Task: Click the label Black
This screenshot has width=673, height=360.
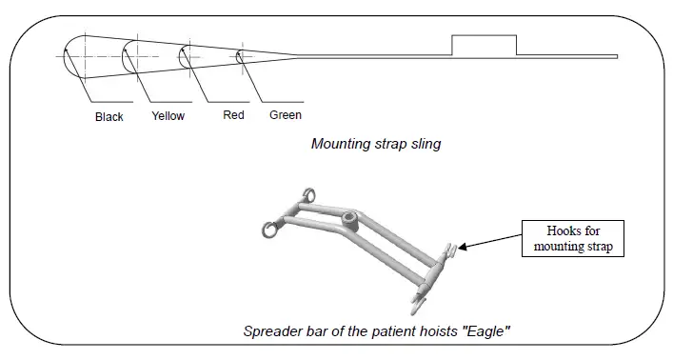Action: point(109,117)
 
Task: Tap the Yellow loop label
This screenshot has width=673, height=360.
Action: point(168,116)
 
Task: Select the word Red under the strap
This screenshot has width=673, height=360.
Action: point(233,115)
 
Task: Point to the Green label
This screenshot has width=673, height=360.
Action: point(286,115)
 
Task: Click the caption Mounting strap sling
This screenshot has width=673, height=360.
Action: point(376,145)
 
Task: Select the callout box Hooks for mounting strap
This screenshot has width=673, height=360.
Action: point(572,238)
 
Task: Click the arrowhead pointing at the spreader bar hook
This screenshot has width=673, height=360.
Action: point(464,250)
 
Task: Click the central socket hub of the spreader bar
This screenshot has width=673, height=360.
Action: point(349,222)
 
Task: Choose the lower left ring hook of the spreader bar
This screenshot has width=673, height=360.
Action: point(271,229)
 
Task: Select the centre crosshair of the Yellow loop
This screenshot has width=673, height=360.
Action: point(135,54)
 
